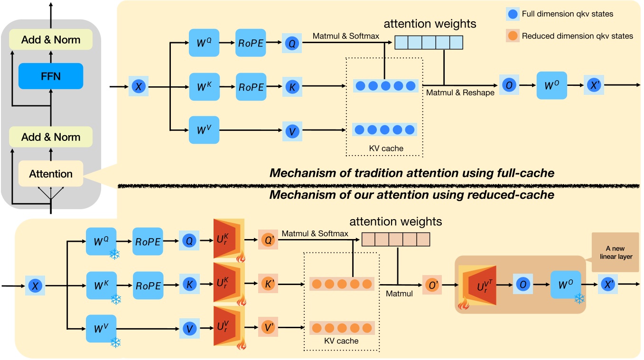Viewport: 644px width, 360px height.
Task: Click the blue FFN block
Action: tap(51, 76)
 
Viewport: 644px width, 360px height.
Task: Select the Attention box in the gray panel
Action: tap(51, 174)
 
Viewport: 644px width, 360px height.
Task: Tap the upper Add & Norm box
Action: tap(51, 40)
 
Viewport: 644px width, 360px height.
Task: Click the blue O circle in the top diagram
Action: tap(509, 85)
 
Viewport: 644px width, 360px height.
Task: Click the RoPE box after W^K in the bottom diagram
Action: tap(149, 286)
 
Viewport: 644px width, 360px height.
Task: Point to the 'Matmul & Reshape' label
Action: tap(460, 93)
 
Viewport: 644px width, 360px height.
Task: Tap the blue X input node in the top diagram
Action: tap(139, 87)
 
